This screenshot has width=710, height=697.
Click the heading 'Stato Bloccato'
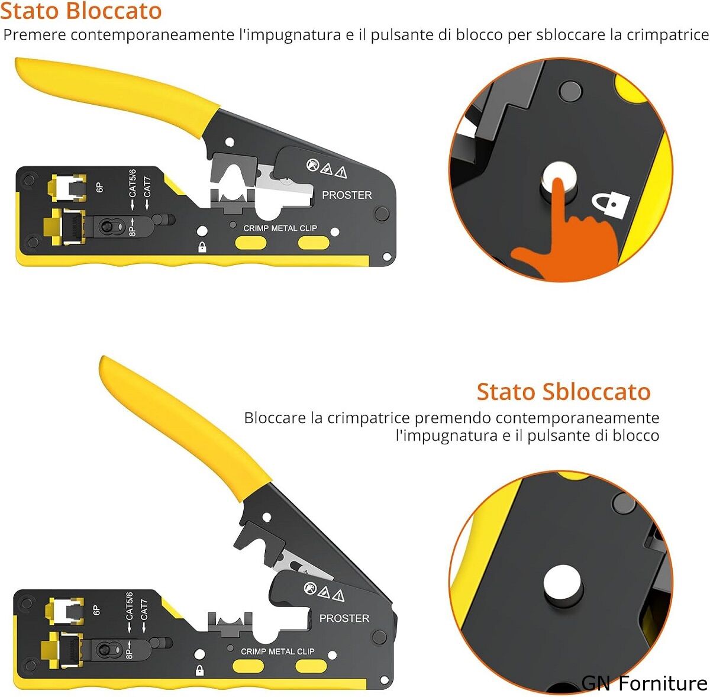81,11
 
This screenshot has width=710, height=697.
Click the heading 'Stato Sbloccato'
563,391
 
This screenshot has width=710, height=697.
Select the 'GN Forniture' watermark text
644,683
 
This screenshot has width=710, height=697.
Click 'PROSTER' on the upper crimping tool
347,195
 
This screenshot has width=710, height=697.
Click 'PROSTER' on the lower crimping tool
344,618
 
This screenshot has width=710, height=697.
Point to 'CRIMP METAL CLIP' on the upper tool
280,228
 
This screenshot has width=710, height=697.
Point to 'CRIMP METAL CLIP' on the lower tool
277,651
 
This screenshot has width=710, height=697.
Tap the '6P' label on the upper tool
99,187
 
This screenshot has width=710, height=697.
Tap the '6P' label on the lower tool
96,611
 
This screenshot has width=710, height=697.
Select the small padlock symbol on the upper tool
202,247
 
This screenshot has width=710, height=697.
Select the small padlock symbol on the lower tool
200,670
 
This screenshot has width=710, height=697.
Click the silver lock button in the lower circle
562,585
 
